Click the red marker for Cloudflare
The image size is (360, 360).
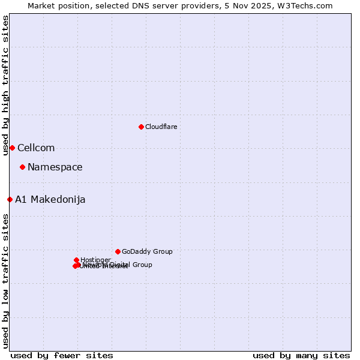pos(141,127)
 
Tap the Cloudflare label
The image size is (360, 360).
pos(161,127)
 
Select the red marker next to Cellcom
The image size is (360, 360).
pos(12,148)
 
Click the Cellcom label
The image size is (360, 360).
pos(36,148)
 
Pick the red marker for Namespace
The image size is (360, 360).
pos(22,167)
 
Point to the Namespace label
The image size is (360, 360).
pos(55,167)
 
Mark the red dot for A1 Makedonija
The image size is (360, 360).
pos(10,199)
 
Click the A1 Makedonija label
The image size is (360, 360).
pos(50,199)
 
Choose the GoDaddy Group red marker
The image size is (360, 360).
pos(118,251)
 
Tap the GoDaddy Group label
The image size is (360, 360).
pos(147,251)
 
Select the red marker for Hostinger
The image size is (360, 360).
pos(76,260)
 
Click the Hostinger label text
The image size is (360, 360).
pos(95,260)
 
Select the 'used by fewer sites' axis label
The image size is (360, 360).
pos(62,355)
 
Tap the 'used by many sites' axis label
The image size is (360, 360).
pos(301,355)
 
